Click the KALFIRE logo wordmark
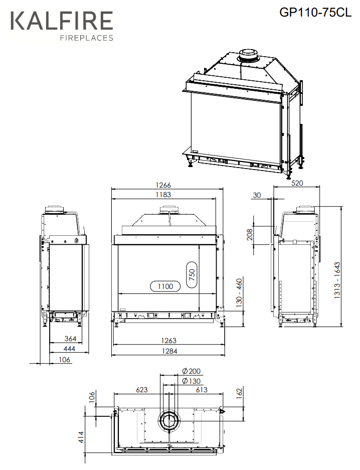(62, 21)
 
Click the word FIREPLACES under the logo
(87, 38)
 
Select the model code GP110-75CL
(315, 13)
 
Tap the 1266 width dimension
(163, 185)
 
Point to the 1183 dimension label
(163, 195)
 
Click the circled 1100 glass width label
(165, 286)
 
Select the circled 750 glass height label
(192, 274)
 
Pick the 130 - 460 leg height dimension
(239, 293)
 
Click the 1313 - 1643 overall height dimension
(337, 280)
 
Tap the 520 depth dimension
(297, 183)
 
